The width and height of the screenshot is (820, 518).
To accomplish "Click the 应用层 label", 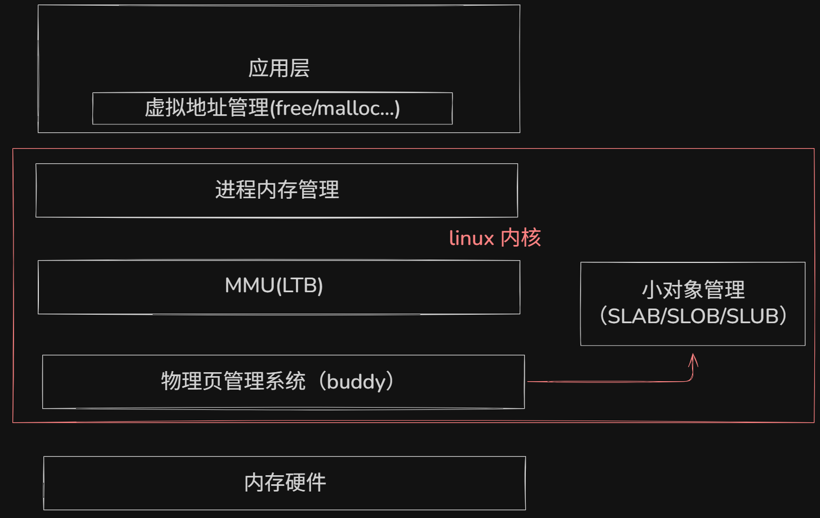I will tap(278, 68).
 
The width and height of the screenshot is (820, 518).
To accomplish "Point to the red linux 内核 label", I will tap(495, 238).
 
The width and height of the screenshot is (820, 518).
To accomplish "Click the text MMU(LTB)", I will tap(274, 286).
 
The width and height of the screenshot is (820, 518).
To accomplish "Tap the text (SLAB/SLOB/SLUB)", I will tap(693, 316).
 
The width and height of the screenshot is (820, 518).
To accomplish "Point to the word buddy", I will tap(356, 382).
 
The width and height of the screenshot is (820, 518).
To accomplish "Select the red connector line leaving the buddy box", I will tap(609, 382).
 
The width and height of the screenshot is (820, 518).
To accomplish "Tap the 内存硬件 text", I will tap(285, 483).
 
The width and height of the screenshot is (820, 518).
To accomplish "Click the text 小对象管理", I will tap(693, 291).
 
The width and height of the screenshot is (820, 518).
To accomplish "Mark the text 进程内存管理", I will tap(277, 190).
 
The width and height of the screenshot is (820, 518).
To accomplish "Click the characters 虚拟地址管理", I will tap(206, 108).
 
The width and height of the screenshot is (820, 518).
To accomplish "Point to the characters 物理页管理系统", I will tap(233, 382).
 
